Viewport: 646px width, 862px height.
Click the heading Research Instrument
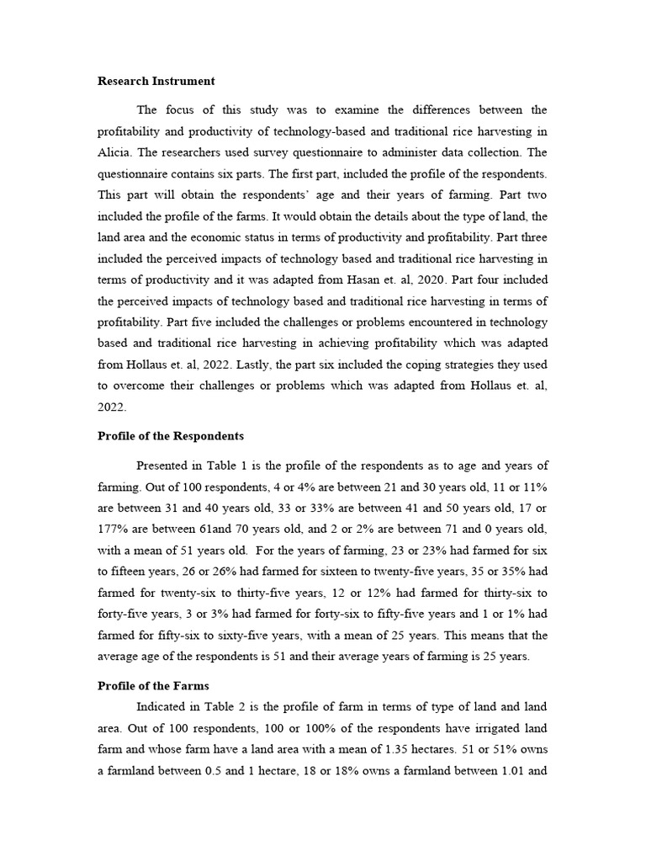(x=156, y=82)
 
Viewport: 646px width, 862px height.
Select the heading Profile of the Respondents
(x=171, y=436)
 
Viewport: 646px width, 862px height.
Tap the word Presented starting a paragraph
(x=165, y=465)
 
